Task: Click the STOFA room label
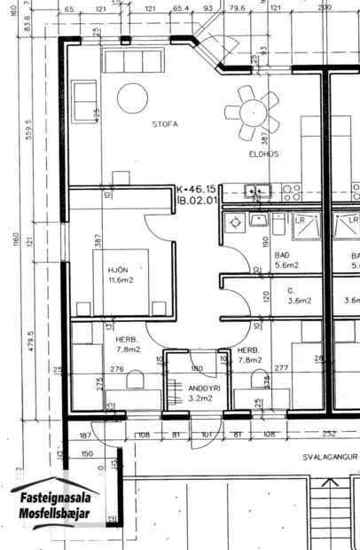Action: tap(164, 124)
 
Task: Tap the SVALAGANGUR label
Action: tap(331, 458)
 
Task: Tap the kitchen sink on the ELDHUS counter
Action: tap(258, 189)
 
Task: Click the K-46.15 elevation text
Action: tap(198, 190)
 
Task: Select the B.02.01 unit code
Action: tap(197, 201)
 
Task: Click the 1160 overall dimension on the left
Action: tap(15, 240)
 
